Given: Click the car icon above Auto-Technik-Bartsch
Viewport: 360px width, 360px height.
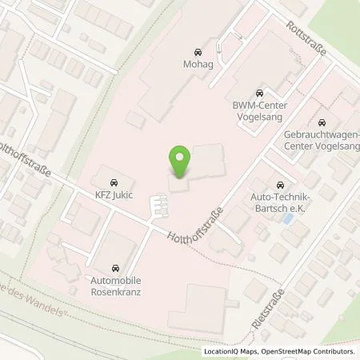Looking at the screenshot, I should click(279, 184).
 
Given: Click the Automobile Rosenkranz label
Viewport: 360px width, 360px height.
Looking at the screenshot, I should click(117, 286).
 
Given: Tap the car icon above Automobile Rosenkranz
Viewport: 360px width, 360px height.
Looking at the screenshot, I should click(117, 268).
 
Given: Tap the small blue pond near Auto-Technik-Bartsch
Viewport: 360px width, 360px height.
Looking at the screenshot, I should click(287, 217).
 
